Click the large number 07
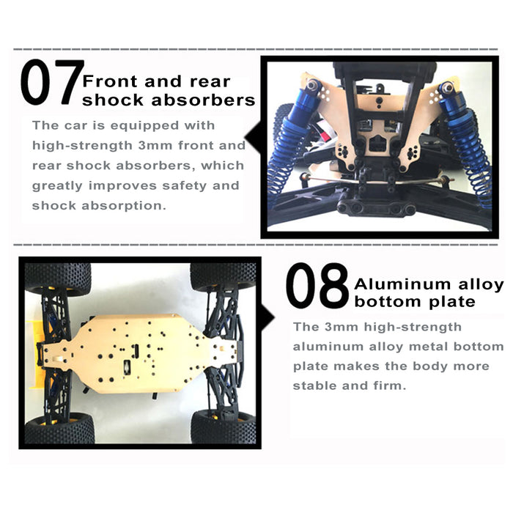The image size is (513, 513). coord(52,82)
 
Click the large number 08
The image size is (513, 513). coord(317,286)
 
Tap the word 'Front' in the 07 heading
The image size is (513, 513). coord(109,81)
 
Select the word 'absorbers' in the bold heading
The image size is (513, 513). coord(203,100)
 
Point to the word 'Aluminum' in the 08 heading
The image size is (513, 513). coord(403,284)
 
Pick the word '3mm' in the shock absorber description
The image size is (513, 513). coord(155,146)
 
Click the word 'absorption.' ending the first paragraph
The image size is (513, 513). coord(124,206)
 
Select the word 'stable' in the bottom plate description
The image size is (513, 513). coord(314,385)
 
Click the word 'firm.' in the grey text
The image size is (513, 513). coord(390,385)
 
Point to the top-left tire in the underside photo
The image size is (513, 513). coord(58,278)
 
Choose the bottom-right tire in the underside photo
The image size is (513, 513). coord(223,427)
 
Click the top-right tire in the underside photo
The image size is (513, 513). coord(223,276)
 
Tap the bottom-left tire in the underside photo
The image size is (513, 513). coord(59,429)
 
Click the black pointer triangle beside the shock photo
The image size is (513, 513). coord(253,138)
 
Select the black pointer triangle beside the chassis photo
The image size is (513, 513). coord(267,317)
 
